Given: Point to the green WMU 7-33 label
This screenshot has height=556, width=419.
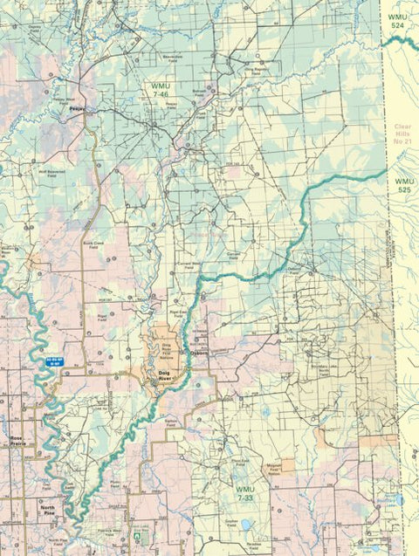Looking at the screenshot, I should click(245, 493).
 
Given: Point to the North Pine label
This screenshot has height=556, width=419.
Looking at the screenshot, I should click(45, 508).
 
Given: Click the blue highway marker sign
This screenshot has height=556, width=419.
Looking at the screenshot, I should click(54, 359).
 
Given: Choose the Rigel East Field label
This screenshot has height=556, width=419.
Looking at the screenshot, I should click(179, 311).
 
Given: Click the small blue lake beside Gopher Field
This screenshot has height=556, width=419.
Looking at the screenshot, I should click(247, 525).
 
